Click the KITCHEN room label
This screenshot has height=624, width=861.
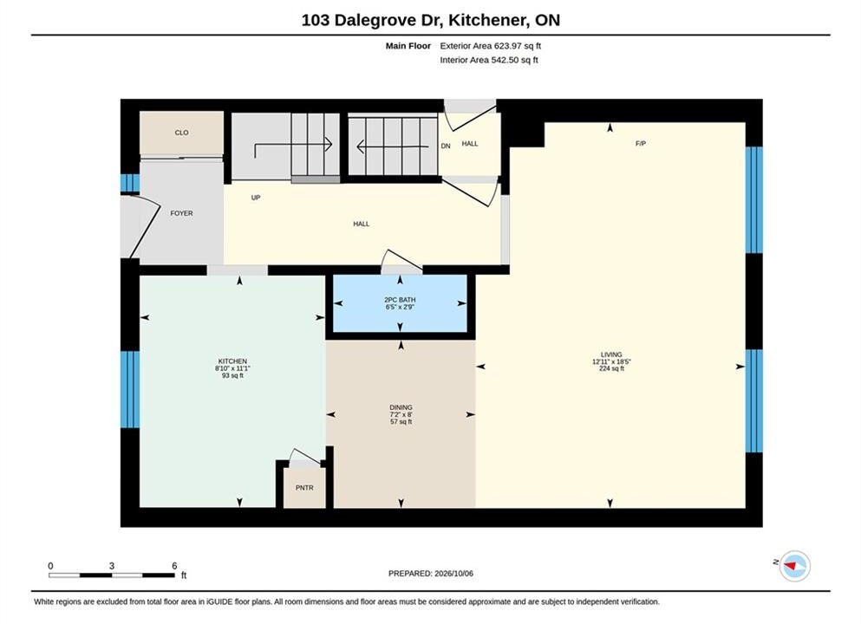coord(232,361)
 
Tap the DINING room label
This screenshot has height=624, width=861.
coord(401,407)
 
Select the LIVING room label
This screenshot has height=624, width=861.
coord(611,354)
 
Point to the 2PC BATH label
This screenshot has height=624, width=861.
coord(400,300)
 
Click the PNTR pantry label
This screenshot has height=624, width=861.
coord(304,487)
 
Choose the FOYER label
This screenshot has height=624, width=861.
coord(181,213)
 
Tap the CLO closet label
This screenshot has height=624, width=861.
coord(181,133)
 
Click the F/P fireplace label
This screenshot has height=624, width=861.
coord(640,143)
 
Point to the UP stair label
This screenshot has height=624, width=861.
coord(255,198)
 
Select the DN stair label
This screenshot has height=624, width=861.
coord(446,146)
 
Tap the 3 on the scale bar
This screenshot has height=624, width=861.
coord(112,566)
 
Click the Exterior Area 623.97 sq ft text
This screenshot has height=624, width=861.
coord(491,46)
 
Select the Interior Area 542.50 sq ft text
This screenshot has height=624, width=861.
coord(489,60)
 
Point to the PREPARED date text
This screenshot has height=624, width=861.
coord(430,574)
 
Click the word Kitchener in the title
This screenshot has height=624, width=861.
coord(485,20)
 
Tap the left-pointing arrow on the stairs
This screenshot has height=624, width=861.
coord(392,146)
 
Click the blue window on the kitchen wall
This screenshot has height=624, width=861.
coord(130,389)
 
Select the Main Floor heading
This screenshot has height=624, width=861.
coord(408,46)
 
